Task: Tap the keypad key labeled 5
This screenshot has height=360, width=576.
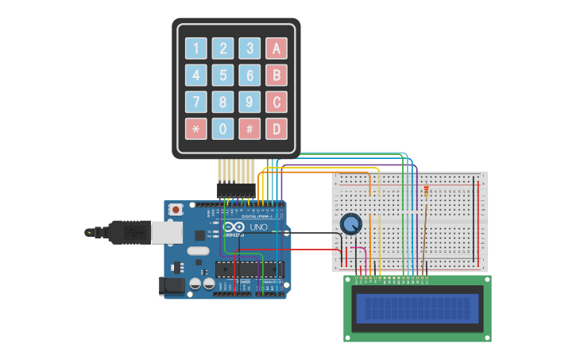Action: pyautogui.click(x=223, y=75)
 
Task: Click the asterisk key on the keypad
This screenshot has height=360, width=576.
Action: pyautogui.click(x=196, y=129)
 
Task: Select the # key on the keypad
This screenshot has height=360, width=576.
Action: pyautogui.click(x=249, y=129)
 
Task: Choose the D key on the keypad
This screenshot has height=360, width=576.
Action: pyautogui.click(x=276, y=129)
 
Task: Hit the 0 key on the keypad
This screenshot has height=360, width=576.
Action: pyautogui.click(x=223, y=129)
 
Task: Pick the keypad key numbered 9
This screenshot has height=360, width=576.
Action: pyautogui.click(x=249, y=102)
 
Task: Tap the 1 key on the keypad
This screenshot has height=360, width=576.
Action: pyautogui.click(x=196, y=48)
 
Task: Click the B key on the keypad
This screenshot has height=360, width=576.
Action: pyautogui.click(x=276, y=75)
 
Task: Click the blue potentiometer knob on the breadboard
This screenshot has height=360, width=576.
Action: pyautogui.click(x=350, y=224)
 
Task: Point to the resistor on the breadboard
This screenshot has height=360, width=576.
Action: pyautogui.click(x=426, y=191)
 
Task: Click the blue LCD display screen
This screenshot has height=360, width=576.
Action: pyautogui.click(x=418, y=308)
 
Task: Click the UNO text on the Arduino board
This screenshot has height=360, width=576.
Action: pyautogui.click(x=259, y=227)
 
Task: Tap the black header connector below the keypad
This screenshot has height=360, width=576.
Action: pyautogui.click(x=236, y=190)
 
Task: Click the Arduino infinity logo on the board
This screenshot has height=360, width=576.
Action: pyautogui.click(x=232, y=227)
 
